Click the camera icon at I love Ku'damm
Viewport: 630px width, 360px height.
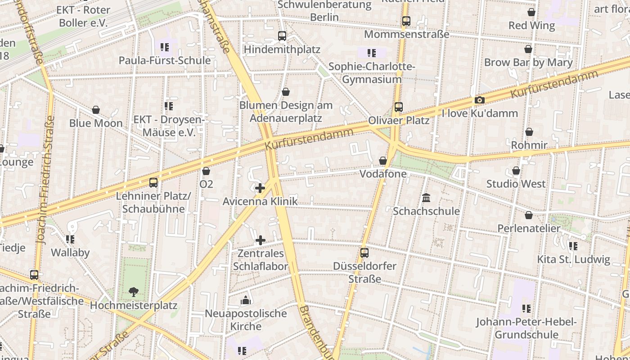coord(480,100)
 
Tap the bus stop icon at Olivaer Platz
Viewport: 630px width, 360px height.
coord(399,107)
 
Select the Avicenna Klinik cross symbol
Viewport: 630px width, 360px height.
coord(260,188)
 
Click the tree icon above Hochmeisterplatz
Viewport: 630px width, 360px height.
coord(133,292)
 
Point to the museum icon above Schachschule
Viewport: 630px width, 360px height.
coord(426,198)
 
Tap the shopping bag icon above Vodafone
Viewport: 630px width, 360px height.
coord(382,161)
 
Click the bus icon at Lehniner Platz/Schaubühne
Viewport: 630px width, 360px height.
coord(153,183)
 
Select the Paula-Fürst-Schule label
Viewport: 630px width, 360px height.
coord(165,60)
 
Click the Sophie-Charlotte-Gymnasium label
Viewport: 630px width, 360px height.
coord(372,73)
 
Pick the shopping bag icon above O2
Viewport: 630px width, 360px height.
coord(206,171)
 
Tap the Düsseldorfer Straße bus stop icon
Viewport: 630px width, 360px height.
coord(364,253)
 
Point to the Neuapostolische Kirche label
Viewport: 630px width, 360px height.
coord(246,319)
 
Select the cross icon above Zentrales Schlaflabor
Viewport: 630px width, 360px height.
coord(260,241)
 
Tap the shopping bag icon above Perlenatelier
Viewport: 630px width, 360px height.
coord(529,215)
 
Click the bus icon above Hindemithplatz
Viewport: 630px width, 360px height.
coord(282,36)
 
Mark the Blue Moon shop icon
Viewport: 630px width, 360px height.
coord(96,110)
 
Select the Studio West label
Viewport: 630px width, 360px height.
coord(516,184)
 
